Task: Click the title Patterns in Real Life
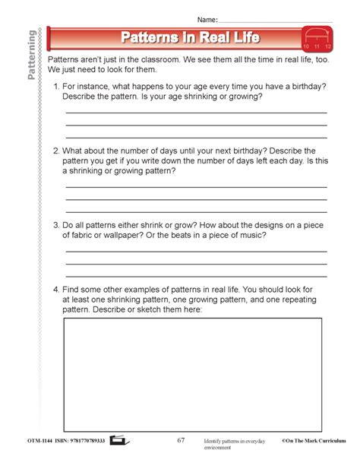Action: (190, 37)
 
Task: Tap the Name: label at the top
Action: (207, 17)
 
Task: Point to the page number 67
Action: (181, 440)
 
